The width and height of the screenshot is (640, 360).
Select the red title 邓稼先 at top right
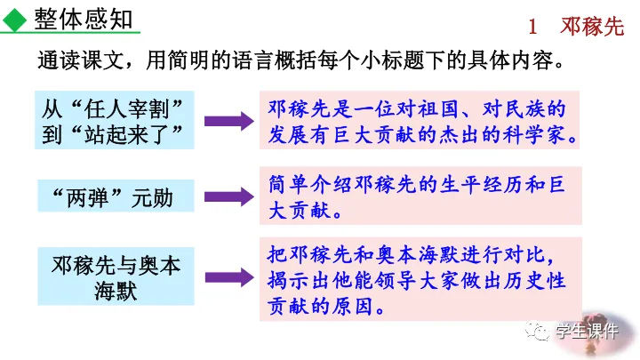[590, 27]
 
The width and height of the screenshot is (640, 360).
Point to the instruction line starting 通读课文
[302, 63]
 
